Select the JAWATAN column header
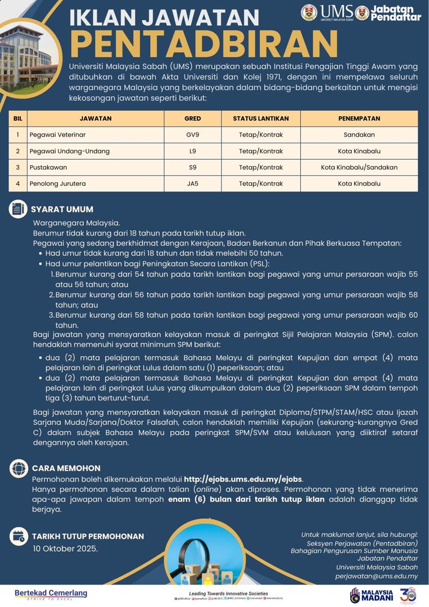(96, 119)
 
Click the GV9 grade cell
(192, 135)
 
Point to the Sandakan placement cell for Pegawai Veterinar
(359, 135)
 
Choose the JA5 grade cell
(192, 184)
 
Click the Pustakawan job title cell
(48, 167)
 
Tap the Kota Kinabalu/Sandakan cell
(359, 167)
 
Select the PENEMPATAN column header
(359, 119)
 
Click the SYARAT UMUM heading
(62, 209)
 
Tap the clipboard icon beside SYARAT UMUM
(19, 209)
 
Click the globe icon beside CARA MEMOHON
(19, 468)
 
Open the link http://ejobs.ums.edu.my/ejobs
(243, 479)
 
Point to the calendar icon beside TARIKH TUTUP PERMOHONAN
(19, 536)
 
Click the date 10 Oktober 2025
(65, 549)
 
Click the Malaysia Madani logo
(372, 595)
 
